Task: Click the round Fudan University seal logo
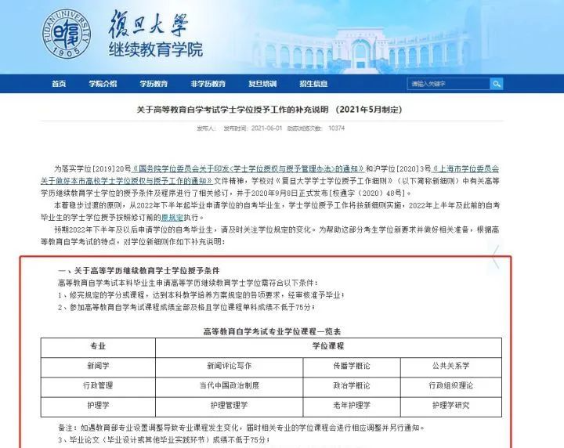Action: tap(68, 36)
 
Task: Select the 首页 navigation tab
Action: tap(59, 84)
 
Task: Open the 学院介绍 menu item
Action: tap(103, 84)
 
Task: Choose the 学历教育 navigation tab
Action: tap(154, 84)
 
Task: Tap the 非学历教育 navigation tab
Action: tap(208, 84)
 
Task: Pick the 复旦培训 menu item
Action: tap(262, 84)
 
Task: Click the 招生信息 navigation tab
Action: tap(313, 84)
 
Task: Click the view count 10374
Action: tap(336, 128)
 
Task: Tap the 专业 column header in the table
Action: tap(98, 345)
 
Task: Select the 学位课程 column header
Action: tap(328, 345)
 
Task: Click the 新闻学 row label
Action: tap(98, 366)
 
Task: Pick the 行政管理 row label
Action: tap(98, 385)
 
